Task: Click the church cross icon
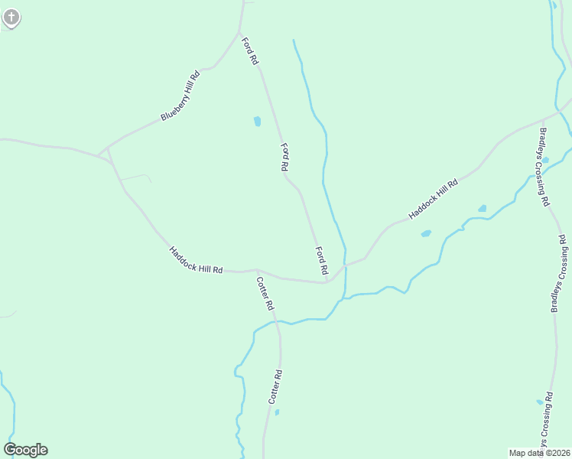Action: [x=11, y=16]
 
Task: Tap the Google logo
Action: [x=25, y=450]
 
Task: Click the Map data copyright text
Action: [x=539, y=453]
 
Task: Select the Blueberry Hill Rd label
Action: [x=180, y=96]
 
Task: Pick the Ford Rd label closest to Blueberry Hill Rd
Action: [x=250, y=50]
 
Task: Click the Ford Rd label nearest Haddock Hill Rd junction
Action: [x=322, y=261]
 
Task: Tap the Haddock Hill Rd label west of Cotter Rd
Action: [x=196, y=259]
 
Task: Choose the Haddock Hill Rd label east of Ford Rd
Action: [x=433, y=199]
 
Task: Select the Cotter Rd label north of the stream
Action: [x=265, y=293]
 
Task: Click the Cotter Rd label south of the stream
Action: [x=275, y=387]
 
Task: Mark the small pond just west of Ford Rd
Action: [x=257, y=121]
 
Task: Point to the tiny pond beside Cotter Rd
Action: [x=277, y=412]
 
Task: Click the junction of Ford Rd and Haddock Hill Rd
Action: [x=329, y=282]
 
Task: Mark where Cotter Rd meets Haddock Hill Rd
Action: [x=257, y=270]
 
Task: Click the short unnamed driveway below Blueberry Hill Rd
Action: [x=135, y=177]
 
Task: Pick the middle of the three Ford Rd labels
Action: [x=284, y=157]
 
